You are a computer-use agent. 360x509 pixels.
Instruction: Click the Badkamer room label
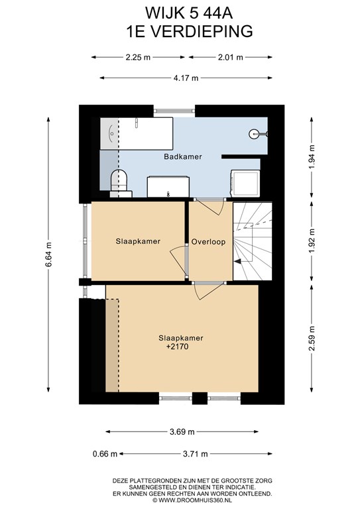pos(183,156)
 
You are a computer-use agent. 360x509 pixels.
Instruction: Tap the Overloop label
pos(208,241)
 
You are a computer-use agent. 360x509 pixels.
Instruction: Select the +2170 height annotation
pos(177,347)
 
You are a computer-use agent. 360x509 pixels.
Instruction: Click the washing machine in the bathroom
pos(245,184)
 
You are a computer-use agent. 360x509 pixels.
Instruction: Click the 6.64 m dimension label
pos(48,254)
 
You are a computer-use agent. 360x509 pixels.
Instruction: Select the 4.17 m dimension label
pos(186,78)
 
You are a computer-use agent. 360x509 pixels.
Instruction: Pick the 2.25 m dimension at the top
pos(138,58)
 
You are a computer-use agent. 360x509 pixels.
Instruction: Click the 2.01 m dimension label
pos(231,58)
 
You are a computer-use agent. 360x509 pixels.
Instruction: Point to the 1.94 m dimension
pos(312,157)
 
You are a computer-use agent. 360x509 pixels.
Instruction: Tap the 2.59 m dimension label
pos(312,338)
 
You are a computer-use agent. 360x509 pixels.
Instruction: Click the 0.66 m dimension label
pos(105,454)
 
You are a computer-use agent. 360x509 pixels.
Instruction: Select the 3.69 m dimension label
pos(182,431)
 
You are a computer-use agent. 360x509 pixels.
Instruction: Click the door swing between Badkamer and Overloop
pos(210,206)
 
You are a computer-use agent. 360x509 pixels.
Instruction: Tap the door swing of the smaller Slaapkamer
pos(178,260)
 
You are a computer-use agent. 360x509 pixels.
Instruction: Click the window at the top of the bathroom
pos(174,111)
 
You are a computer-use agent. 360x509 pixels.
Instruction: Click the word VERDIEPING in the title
pos(202,32)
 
